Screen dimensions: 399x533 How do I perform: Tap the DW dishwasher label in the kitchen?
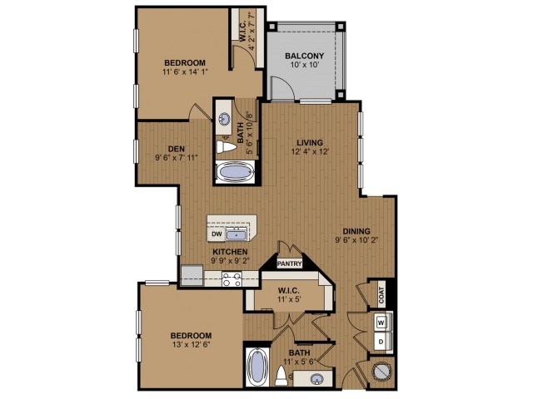coord(216,234)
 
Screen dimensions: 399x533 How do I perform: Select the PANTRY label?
coord(289,264)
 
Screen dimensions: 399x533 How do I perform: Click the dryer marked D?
coord(381,341)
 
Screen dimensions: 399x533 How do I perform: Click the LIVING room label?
coord(310,142)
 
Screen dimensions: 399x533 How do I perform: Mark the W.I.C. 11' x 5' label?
coord(288,296)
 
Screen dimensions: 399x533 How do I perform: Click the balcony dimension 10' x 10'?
coord(305,66)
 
